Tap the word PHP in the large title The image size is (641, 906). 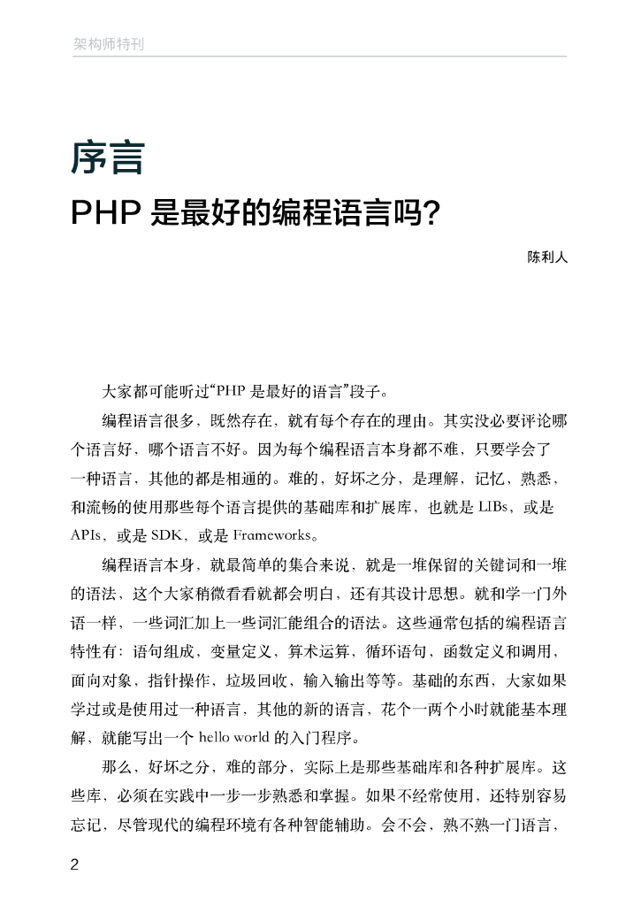point(105,213)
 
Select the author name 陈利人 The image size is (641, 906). point(546,258)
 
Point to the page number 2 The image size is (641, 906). point(75,864)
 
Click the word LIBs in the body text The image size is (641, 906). point(496,507)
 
